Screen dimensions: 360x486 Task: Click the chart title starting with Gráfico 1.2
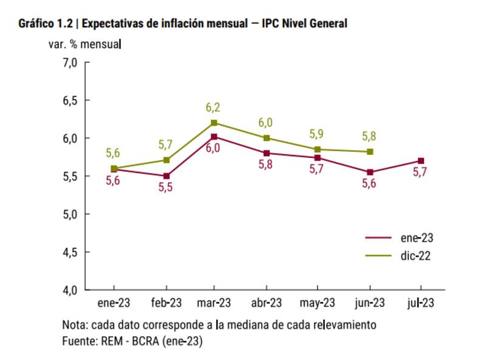(183, 24)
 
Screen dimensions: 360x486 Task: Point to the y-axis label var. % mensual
(85, 44)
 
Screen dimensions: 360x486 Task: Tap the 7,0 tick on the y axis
(71, 63)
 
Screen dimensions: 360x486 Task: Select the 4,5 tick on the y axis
(71, 252)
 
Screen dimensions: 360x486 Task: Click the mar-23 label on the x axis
(214, 303)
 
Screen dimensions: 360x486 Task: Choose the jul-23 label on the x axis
(420, 303)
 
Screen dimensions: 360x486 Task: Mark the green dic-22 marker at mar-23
(214, 123)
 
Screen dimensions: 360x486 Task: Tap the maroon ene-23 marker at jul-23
(420, 161)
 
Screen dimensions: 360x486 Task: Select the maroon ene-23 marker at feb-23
(166, 176)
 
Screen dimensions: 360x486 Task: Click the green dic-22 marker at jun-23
(369, 151)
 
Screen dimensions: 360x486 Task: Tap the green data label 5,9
(317, 134)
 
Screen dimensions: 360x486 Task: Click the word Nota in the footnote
(75, 325)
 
